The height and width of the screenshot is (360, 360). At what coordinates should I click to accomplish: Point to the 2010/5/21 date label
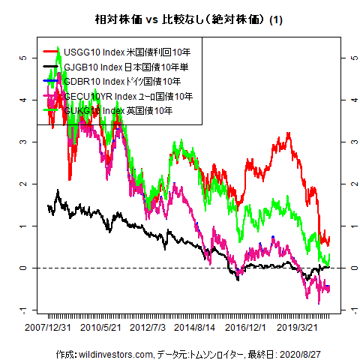[x=101, y=328]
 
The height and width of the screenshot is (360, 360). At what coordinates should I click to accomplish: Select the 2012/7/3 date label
[x=148, y=328]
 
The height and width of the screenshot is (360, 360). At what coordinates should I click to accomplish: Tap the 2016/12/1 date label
[x=246, y=328]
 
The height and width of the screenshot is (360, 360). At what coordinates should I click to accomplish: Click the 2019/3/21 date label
[x=297, y=328]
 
